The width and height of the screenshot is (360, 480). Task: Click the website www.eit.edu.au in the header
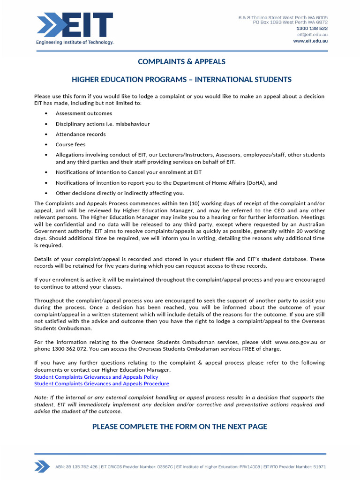310,41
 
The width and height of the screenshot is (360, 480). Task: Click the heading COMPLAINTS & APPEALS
181,62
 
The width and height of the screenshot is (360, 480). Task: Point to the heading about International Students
181,80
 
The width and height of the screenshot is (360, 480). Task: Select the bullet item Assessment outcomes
83,113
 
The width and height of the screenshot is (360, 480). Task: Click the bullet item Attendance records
81,134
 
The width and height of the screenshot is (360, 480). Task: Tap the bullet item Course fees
70,144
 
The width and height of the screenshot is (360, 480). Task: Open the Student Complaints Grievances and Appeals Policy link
96,376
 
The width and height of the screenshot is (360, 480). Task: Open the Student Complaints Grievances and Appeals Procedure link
102,383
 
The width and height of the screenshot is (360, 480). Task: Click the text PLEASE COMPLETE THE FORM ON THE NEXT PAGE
180,426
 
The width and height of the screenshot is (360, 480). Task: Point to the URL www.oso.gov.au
297,341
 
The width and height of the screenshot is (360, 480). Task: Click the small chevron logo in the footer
42,466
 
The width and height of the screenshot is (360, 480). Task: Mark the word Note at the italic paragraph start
40,397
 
